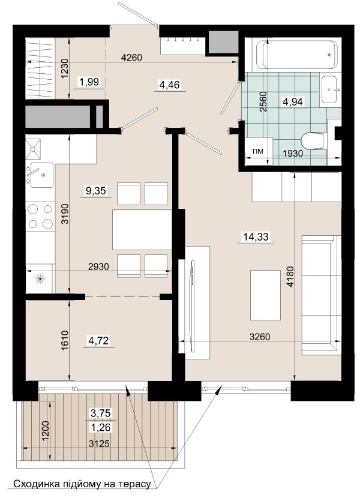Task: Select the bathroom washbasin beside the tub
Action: (329, 89)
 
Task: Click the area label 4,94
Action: (293, 101)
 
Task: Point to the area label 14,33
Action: (256, 236)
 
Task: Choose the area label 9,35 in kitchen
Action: (96, 191)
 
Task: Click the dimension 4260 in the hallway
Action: (131, 58)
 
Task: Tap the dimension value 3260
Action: (260, 337)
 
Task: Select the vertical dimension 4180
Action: (290, 277)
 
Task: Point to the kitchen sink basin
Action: (40, 175)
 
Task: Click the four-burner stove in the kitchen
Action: (40, 217)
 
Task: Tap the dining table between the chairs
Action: (142, 230)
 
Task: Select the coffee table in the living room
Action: (265, 295)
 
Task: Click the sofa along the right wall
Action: (321, 295)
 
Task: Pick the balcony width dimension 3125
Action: (99, 443)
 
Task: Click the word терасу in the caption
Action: (134, 484)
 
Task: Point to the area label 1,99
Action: (89, 82)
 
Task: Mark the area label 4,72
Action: (98, 341)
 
